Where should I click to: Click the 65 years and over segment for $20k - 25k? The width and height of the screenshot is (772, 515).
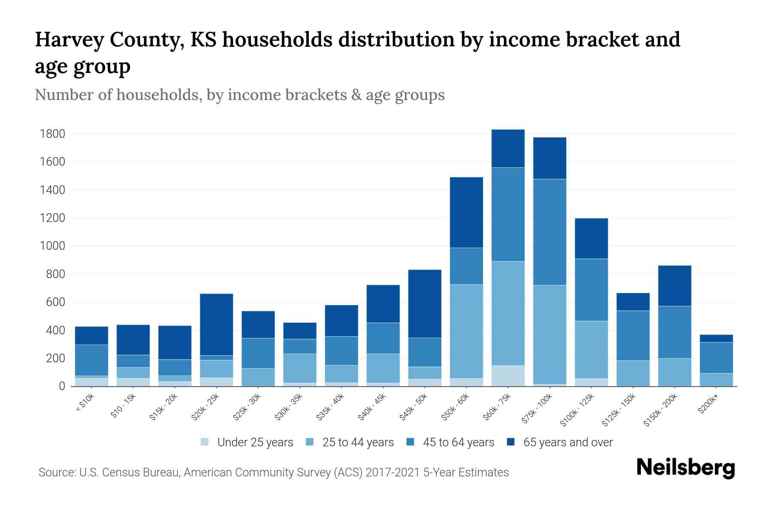pyautogui.click(x=217, y=324)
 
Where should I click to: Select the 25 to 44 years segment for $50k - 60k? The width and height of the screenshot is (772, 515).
pyautogui.click(x=467, y=331)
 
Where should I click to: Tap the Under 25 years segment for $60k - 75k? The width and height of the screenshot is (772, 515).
pyautogui.click(x=508, y=376)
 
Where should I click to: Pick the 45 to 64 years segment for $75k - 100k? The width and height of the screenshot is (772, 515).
pyautogui.click(x=550, y=232)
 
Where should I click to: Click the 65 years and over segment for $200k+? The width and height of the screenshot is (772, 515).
pyautogui.click(x=716, y=339)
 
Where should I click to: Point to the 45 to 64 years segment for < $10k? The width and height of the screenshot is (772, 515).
pyautogui.click(x=92, y=360)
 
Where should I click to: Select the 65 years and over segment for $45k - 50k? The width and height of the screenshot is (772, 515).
pyautogui.click(x=425, y=303)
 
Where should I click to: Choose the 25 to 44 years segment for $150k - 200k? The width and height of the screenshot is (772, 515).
pyautogui.click(x=675, y=372)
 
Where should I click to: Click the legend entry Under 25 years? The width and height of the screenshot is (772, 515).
pyautogui.click(x=255, y=442)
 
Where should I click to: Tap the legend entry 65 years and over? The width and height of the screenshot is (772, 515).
pyautogui.click(x=568, y=442)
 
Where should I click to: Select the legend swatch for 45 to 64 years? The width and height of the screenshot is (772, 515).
pyautogui.click(x=410, y=442)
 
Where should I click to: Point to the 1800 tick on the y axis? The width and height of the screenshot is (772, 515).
pyautogui.click(x=52, y=134)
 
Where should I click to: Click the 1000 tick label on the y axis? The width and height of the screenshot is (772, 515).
pyautogui.click(x=52, y=246)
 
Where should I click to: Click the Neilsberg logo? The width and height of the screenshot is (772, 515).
pyautogui.click(x=685, y=468)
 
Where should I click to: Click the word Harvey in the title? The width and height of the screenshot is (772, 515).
pyautogui.click(x=69, y=39)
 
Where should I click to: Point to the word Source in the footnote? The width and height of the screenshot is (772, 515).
pyautogui.click(x=56, y=473)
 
